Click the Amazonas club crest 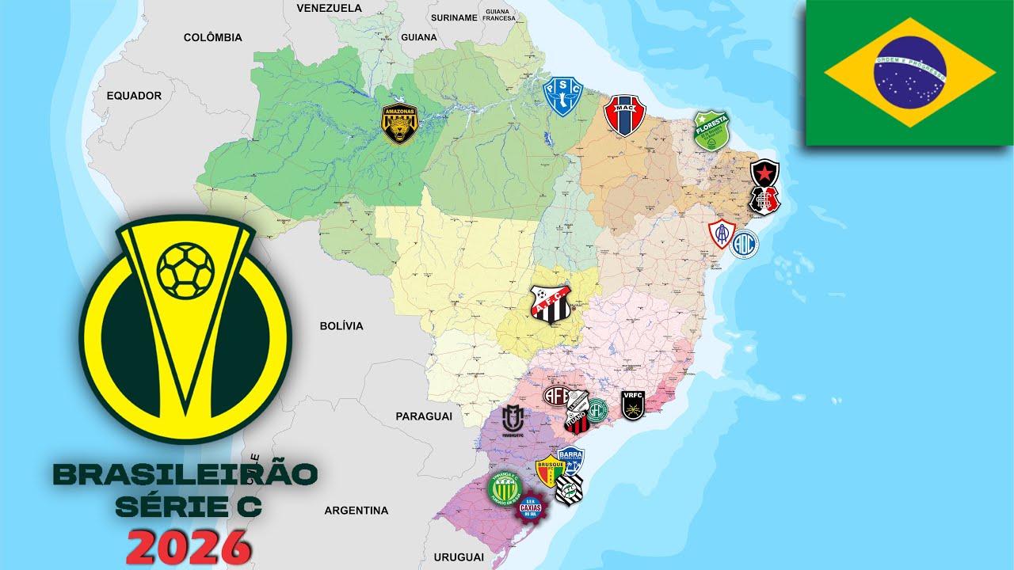(399, 124)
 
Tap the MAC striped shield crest (625, 116)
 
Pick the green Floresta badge (711, 130)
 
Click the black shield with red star (765, 173)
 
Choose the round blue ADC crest (744, 244)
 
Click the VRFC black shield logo (632, 405)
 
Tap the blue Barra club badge (570, 459)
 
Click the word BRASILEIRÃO (185, 475)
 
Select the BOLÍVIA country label (341, 326)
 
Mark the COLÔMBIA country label (213, 37)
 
